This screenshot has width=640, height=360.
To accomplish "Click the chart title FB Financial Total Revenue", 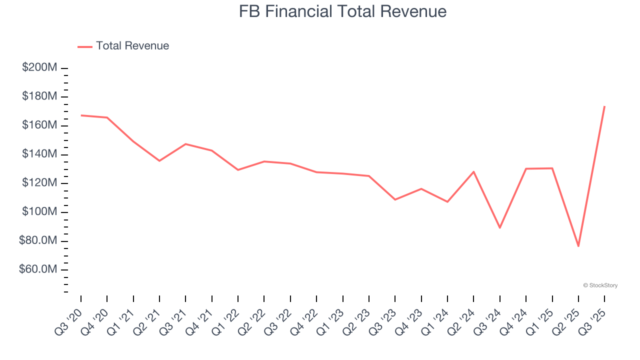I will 342,11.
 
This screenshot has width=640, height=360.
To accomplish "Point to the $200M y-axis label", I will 39,67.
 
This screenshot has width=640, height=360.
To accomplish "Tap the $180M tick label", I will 39,96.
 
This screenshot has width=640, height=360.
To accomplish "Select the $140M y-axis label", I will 39,154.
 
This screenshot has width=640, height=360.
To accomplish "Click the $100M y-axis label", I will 39,212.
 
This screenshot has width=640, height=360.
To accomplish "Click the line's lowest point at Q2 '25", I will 578,246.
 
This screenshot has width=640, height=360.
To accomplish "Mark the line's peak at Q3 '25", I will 604,106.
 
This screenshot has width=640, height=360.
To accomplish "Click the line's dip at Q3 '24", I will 500,227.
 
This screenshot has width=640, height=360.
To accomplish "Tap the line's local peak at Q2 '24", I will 473,171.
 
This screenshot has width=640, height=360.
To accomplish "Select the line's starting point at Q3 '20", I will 81,115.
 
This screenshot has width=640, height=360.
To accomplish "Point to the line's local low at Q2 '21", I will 159,160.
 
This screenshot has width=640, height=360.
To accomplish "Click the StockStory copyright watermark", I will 600,285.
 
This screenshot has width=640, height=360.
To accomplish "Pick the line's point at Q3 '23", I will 395,199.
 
